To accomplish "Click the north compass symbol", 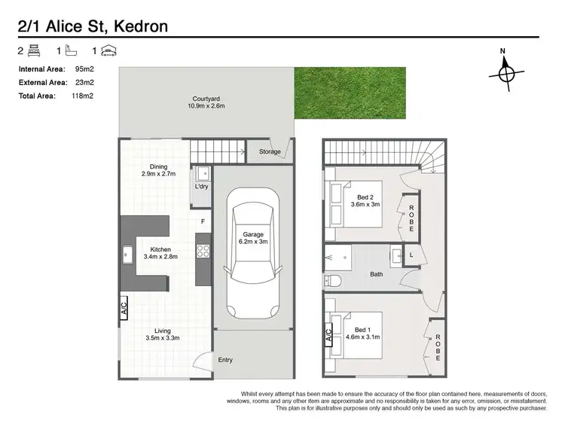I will [503, 73].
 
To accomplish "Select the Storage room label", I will [270, 152].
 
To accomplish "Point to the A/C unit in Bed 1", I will [328, 335].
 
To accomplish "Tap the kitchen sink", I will [127, 258].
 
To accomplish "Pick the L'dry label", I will [201, 186].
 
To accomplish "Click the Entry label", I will [225, 360].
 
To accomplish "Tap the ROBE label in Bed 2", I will [412, 217].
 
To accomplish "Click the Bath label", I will [376, 274].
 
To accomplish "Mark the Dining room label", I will [158, 166].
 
